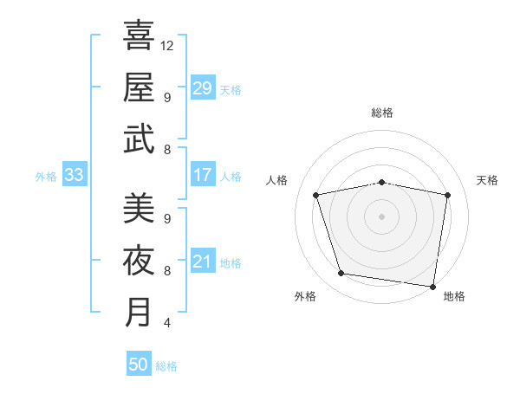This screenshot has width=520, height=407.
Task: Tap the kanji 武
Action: pos(139,138)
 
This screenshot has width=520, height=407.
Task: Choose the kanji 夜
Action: pos(139,259)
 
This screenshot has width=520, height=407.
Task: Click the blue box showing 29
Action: pos(203,88)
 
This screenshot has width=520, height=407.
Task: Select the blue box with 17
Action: pos(203,176)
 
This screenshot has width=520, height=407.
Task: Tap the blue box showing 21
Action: pos(203,262)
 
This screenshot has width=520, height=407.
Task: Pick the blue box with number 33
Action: pos(75,176)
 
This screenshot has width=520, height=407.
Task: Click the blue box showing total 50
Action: pos(139,365)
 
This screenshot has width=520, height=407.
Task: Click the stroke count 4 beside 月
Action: pos(166,323)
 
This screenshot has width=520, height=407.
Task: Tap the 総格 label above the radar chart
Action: pos(382,113)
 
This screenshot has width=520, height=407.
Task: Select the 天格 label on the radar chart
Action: pos(488,180)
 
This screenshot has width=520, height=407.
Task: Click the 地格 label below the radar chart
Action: pos(454,297)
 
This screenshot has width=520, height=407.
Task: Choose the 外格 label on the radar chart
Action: pos(305,297)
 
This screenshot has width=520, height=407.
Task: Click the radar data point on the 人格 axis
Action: pos(316,195)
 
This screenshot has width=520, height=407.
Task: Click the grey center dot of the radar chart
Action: pos(382,216)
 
